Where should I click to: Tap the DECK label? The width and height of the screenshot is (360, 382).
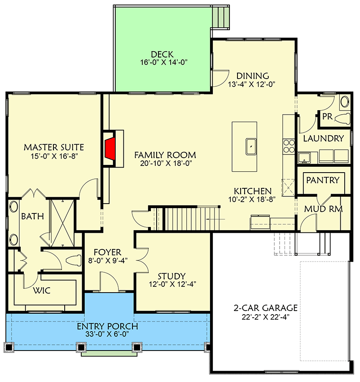(x=162, y=54)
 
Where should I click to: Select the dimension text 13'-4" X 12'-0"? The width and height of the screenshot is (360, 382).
(x=251, y=84)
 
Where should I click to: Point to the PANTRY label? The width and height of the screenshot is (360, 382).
(x=322, y=180)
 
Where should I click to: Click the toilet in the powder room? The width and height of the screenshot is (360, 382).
(x=343, y=119)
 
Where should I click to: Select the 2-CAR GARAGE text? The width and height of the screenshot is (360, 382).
(x=265, y=308)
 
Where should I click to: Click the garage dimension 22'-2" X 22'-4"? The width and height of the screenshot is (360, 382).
(x=265, y=316)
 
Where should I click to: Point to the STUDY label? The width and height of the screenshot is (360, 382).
(x=172, y=276)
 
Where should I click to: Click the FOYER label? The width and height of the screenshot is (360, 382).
(x=107, y=252)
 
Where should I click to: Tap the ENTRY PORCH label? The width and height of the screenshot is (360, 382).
(x=107, y=326)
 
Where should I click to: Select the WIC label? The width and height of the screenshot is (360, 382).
(x=41, y=290)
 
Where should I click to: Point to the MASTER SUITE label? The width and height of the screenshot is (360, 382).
(x=54, y=147)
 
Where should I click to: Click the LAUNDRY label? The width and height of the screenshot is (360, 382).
(x=323, y=138)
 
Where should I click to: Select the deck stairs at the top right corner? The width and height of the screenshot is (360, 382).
(x=221, y=17)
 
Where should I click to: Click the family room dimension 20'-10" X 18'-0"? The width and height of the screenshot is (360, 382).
(x=165, y=164)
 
